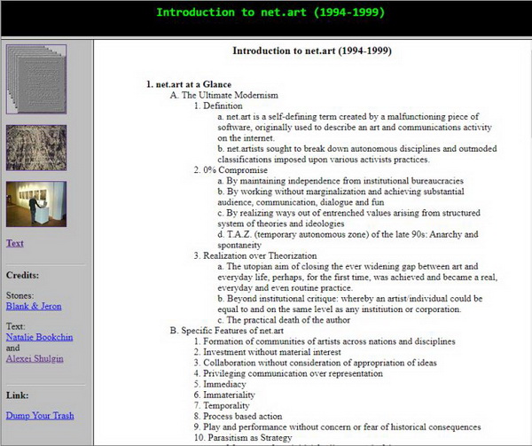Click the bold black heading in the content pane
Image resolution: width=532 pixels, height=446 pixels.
[312, 51]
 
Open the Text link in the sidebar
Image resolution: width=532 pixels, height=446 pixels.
[15, 243]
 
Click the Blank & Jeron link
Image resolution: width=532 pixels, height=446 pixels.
[34, 306]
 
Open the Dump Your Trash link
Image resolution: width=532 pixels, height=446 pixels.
[40, 415]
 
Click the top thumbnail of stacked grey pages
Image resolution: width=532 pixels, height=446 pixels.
[36, 80]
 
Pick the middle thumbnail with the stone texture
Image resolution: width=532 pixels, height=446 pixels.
[36, 148]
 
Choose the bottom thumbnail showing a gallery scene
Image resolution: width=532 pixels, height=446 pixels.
[36, 204]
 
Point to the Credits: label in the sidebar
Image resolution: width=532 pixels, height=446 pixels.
[23, 275]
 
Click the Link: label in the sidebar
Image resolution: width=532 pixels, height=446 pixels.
[17, 395]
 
